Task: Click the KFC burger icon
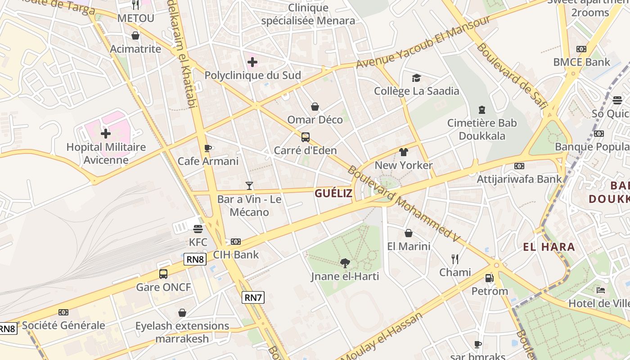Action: coord(198,229)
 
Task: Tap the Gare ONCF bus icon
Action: coord(163,274)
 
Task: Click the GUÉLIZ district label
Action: coord(333,193)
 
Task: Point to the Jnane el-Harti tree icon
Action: coord(345,263)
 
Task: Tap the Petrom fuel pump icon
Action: coord(490,278)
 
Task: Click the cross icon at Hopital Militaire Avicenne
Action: coord(106,134)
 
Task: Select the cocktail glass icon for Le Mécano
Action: coord(249,185)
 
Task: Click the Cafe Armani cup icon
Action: coord(207,148)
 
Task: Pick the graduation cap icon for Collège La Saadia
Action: coord(416,78)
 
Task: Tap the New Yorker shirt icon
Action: coord(404,152)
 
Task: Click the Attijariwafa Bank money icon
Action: coord(519,166)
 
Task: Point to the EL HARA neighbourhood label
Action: coord(549,247)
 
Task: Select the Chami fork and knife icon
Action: coord(455,259)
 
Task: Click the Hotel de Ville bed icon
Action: coord(601,290)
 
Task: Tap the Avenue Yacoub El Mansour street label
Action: coord(423,42)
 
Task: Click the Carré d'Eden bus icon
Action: coord(306,137)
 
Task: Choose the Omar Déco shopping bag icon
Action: coord(315,107)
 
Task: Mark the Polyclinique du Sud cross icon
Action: coord(252,62)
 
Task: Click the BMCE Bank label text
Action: coord(581,62)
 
